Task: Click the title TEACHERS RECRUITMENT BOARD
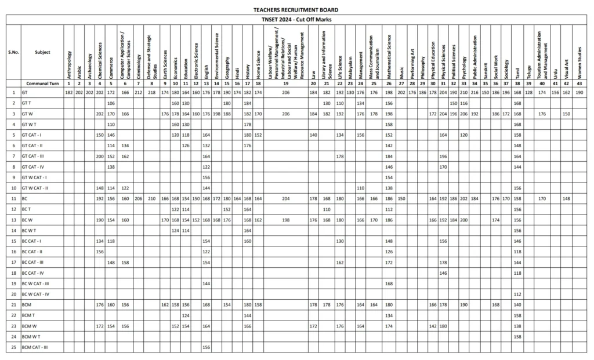coord(296,10)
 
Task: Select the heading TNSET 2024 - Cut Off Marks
coord(296,20)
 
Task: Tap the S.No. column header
coord(13,52)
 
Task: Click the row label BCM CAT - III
coord(35,347)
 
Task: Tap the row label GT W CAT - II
coord(34,188)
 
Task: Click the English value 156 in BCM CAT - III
coord(206,347)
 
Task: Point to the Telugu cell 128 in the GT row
coord(528,93)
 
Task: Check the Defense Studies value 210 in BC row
coord(152,198)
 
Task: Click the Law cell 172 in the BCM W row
coord(313,326)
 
